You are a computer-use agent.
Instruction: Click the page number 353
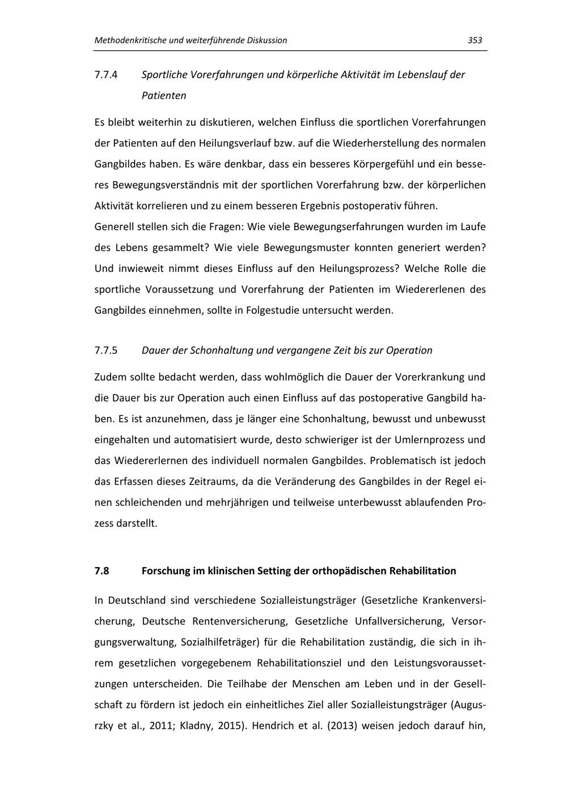[x=475, y=40]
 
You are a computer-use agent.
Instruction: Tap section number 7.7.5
[x=105, y=350]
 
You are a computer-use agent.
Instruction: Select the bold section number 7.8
[x=101, y=570]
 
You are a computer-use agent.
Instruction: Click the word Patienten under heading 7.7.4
[x=164, y=96]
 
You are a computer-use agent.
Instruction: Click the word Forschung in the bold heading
[x=166, y=570]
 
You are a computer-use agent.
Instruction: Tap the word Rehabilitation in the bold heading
[x=422, y=570]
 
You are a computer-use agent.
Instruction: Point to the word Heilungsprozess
[x=359, y=269]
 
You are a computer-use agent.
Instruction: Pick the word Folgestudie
[x=275, y=310]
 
